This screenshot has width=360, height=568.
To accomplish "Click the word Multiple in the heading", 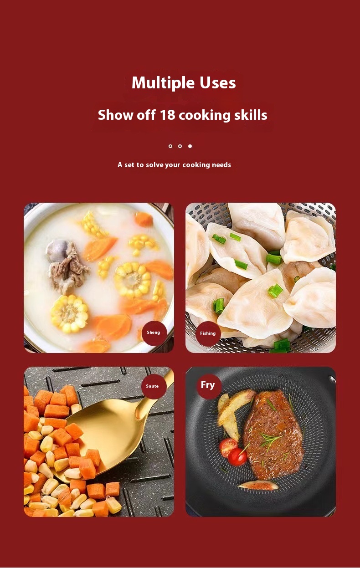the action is tap(163, 83).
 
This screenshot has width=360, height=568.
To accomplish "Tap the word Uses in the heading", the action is tap(218, 82).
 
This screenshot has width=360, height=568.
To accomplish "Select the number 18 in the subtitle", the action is tap(167, 115).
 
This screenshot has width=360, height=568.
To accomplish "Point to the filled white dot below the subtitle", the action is tap(190, 146).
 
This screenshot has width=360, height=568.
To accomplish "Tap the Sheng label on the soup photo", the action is tap(154, 333).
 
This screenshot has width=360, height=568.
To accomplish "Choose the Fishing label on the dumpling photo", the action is tap(208, 333).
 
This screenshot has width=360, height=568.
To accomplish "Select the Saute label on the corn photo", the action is tap(152, 386).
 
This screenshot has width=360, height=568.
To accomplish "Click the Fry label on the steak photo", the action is tap(208, 385).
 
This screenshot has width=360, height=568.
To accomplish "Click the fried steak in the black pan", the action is tap(274, 434).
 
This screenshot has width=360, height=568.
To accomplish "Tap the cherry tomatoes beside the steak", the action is tap(233, 451).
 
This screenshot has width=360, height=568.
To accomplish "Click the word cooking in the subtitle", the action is tap(205, 115).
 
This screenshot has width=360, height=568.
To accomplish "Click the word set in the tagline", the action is tap(129, 165).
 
